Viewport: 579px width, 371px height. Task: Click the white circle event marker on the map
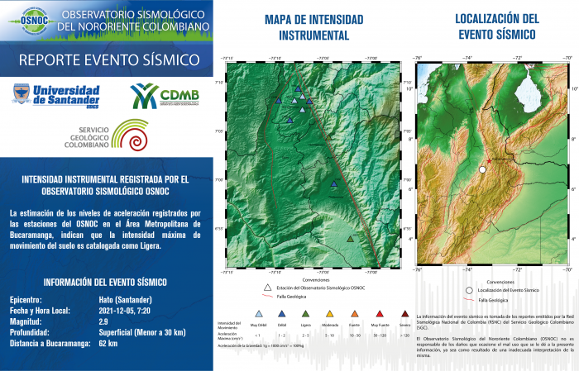point(482,169)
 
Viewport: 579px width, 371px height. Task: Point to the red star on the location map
point(490,160)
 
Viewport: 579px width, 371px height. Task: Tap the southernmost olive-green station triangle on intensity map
point(352,238)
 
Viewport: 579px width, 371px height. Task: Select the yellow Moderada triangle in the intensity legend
point(330,314)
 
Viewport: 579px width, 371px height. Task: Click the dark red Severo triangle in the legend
point(404,314)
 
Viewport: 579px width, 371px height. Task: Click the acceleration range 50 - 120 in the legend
point(380,336)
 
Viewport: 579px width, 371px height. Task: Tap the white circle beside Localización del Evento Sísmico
point(469,291)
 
